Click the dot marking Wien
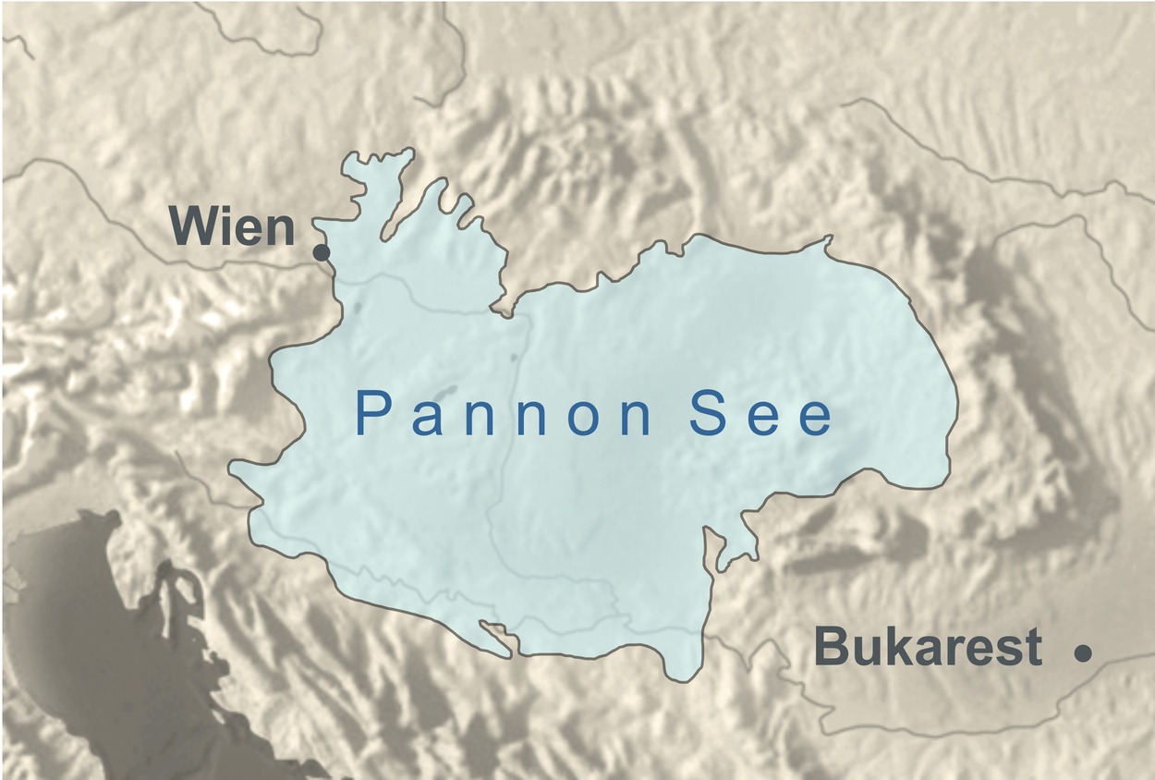(322, 252)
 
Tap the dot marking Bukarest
(1083, 652)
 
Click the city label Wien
(232, 227)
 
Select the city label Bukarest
(928, 648)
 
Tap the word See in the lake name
(762, 417)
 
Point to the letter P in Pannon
(370, 416)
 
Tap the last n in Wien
(278, 231)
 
